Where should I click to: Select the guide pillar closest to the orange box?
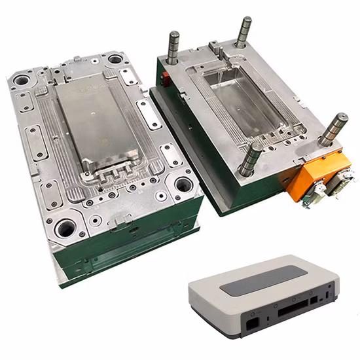coord(333,130)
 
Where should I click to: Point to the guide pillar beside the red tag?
coord(173,49)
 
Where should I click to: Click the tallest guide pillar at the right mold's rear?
coord(243,33)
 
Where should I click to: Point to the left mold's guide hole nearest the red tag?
coord(116,59)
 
